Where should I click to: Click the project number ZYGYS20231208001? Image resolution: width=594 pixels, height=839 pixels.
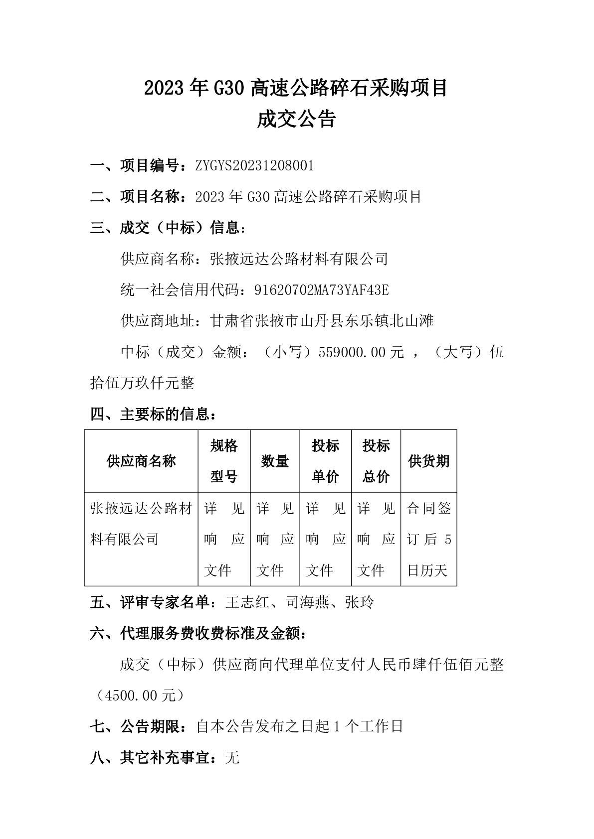255,165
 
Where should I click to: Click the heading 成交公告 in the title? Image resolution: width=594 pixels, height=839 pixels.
296,120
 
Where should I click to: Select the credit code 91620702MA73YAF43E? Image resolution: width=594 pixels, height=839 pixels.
321,289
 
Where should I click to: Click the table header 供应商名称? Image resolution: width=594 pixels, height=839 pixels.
141,461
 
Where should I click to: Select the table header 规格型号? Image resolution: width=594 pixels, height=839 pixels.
224,461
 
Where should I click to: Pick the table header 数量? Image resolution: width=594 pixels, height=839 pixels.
275,461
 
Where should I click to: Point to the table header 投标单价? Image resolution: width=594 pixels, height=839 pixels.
325,461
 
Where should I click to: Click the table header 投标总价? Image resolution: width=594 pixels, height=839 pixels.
376,461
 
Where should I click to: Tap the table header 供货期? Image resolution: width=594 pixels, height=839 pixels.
428,461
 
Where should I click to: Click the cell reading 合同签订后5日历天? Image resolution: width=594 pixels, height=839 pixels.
428,539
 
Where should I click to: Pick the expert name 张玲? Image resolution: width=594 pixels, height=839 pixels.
359,602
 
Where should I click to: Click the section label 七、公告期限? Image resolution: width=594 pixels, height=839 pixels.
135,727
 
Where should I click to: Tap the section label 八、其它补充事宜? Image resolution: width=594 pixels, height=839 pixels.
150,758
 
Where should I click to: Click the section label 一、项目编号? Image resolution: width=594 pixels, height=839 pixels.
135,165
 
